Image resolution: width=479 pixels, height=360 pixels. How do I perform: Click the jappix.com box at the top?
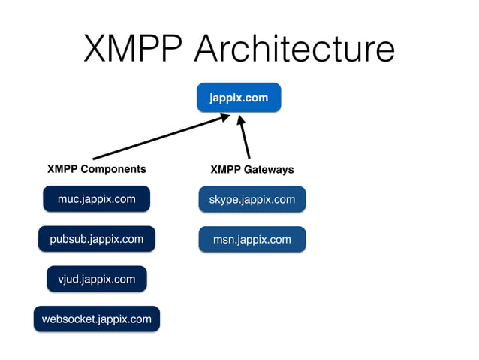(239, 98)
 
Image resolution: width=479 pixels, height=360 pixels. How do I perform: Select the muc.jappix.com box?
(96, 199)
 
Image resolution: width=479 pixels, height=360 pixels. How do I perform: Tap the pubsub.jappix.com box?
(96, 239)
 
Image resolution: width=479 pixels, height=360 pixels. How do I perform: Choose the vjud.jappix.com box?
(96, 279)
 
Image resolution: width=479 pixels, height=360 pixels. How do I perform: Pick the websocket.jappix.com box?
(96, 319)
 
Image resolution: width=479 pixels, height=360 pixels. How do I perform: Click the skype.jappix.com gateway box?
(252, 199)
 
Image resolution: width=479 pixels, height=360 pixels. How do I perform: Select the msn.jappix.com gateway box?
(252, 239)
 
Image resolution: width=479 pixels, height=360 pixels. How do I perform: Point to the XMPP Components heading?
(96, 169)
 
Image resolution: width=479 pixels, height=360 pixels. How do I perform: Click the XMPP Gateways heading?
(252, 169)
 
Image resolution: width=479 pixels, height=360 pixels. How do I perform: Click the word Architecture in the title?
(294, 49)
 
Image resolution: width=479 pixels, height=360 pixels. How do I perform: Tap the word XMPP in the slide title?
(133, 49)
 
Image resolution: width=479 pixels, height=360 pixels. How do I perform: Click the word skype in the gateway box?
(222, 199)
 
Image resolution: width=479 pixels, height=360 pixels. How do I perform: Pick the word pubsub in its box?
(68, 239)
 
